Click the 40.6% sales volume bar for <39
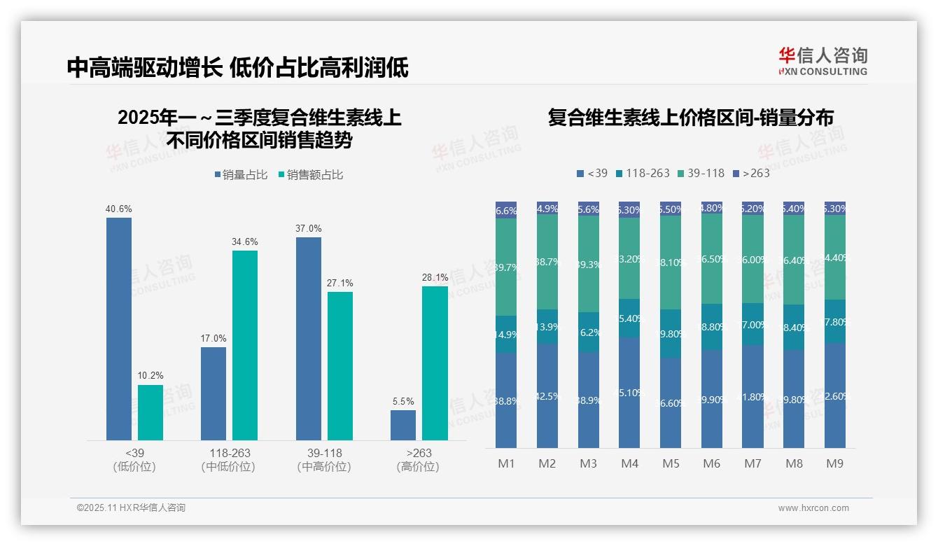coord(119,328)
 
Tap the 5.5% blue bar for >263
coord(403,425)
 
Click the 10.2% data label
coord(150,376)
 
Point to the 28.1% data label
coord(435,277)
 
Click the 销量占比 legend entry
coord(241,175)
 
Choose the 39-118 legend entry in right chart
coord(701,173)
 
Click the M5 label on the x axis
coord(671,463)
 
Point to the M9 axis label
coord(835,463)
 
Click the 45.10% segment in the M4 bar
coord(629,393)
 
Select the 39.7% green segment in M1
coord(506,267)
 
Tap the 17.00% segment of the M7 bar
coord(753,324)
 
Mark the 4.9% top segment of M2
coord(547,209)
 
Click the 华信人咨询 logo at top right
coord(822,61)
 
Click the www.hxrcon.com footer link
coord(813,508)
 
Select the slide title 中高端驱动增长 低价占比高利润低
coord(238,68)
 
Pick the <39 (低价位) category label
coord(134,459)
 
